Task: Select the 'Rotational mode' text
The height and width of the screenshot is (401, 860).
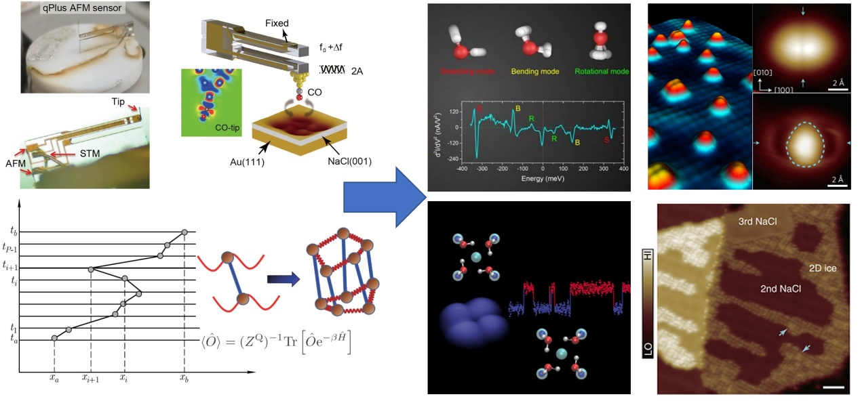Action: pos(601,71)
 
